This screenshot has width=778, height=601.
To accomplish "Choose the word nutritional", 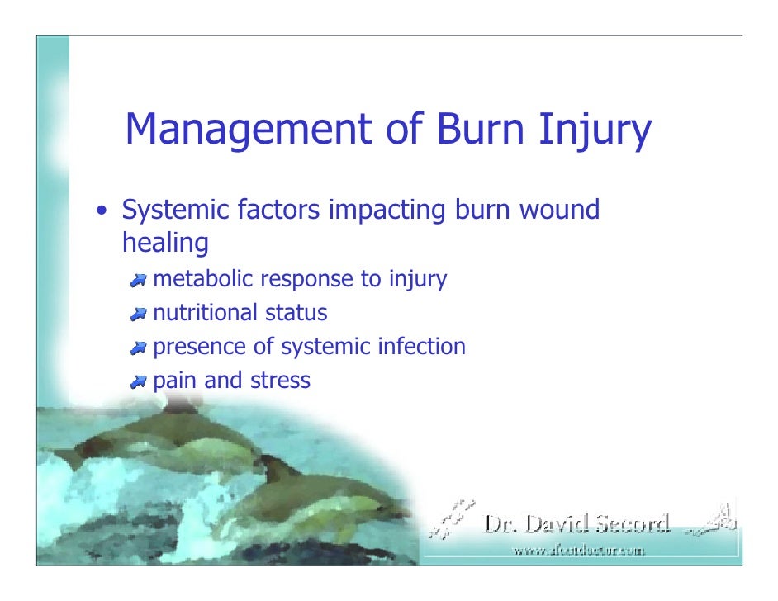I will (206, 314).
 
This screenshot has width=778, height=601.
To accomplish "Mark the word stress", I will (283, 381).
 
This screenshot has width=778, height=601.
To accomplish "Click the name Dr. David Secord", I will (576, 523).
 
